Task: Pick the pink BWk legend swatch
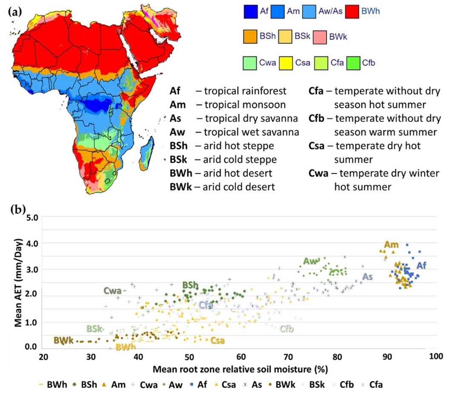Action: [x=320, y=37]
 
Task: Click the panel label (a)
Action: [x=14, y=11]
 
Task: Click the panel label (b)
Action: [x=14, y=209]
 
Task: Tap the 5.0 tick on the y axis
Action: [x=32, y=217]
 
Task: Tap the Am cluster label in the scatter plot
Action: [x=391, y=245]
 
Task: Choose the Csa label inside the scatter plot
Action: [x=217, y=340]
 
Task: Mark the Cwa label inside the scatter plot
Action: [x=113, y=291]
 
